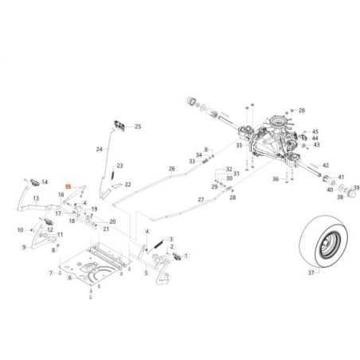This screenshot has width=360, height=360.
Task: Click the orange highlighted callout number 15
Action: click(x=68, y=186)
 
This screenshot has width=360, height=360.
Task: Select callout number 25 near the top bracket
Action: click(x=137, y=127)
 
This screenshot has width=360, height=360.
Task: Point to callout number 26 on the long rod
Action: click(x=171, y=169)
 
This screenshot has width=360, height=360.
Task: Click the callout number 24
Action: click(x=100, y=149)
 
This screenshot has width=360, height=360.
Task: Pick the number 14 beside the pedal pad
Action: click(x=45, y=182)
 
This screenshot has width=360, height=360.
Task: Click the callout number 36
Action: click(x=275, y=179)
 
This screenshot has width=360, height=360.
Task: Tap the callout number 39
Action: click(x=357, y=188)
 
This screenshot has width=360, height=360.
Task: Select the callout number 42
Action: click(x=325, y=164)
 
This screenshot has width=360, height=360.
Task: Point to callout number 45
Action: click(x=315, y=131)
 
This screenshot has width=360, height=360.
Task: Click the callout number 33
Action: click(x=191, y=162)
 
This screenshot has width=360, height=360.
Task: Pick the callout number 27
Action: click(x=201, y=199)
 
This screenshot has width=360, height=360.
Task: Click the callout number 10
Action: click(x=20, y=230)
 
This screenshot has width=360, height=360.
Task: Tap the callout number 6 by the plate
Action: click(x=69, y=278)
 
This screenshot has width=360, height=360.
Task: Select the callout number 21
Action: click(x=107, y=229)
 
